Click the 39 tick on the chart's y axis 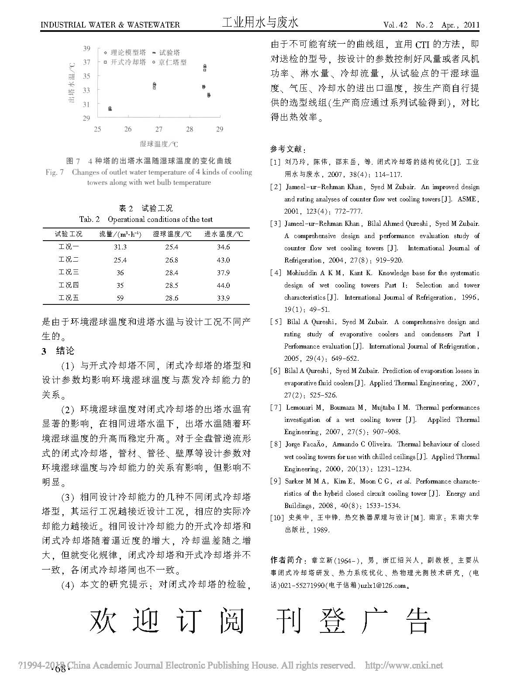pos(86,48)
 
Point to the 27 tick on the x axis pos(159,129)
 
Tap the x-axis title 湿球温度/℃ pos(159,144)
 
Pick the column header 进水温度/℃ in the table pos(224,234)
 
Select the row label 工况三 pos(69,273)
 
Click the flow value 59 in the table pos(120,298)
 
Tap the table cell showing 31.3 pos(120,247)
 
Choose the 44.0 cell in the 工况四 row pos(223,286)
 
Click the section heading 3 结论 pos(58,351)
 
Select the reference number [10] pos(277,518)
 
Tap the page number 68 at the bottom pos(61,670)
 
